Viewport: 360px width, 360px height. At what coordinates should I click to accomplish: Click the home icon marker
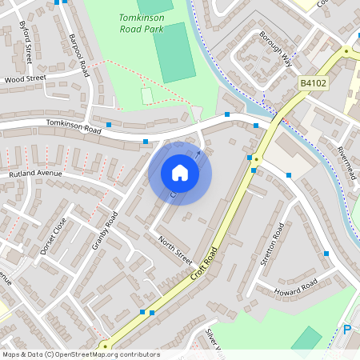(x=180, y=173)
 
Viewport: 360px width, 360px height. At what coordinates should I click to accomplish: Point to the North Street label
(x=175, y=250)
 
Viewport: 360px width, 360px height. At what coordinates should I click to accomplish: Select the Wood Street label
(x=25, y=79)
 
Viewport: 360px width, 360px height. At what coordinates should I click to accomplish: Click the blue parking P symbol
(x=347, y=330)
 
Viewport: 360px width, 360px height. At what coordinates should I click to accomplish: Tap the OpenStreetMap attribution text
(x=81, y=354)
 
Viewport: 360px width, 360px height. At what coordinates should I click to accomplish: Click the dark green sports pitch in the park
(x=174, y=52)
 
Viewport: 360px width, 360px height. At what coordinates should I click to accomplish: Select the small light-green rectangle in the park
(x=146, y=96)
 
